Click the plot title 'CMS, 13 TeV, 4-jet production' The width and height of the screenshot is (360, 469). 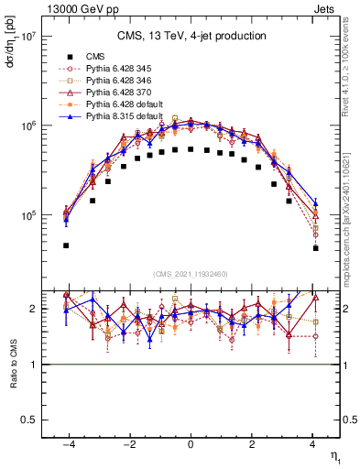(x=191, y=36)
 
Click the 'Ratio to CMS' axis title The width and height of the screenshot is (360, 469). (x=12, y=359)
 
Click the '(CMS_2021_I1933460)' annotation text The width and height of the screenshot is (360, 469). (x=191, y=273)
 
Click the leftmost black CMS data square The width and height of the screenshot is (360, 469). (x=66, y=245)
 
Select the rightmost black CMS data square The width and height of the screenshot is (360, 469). (x=315, y=248)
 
